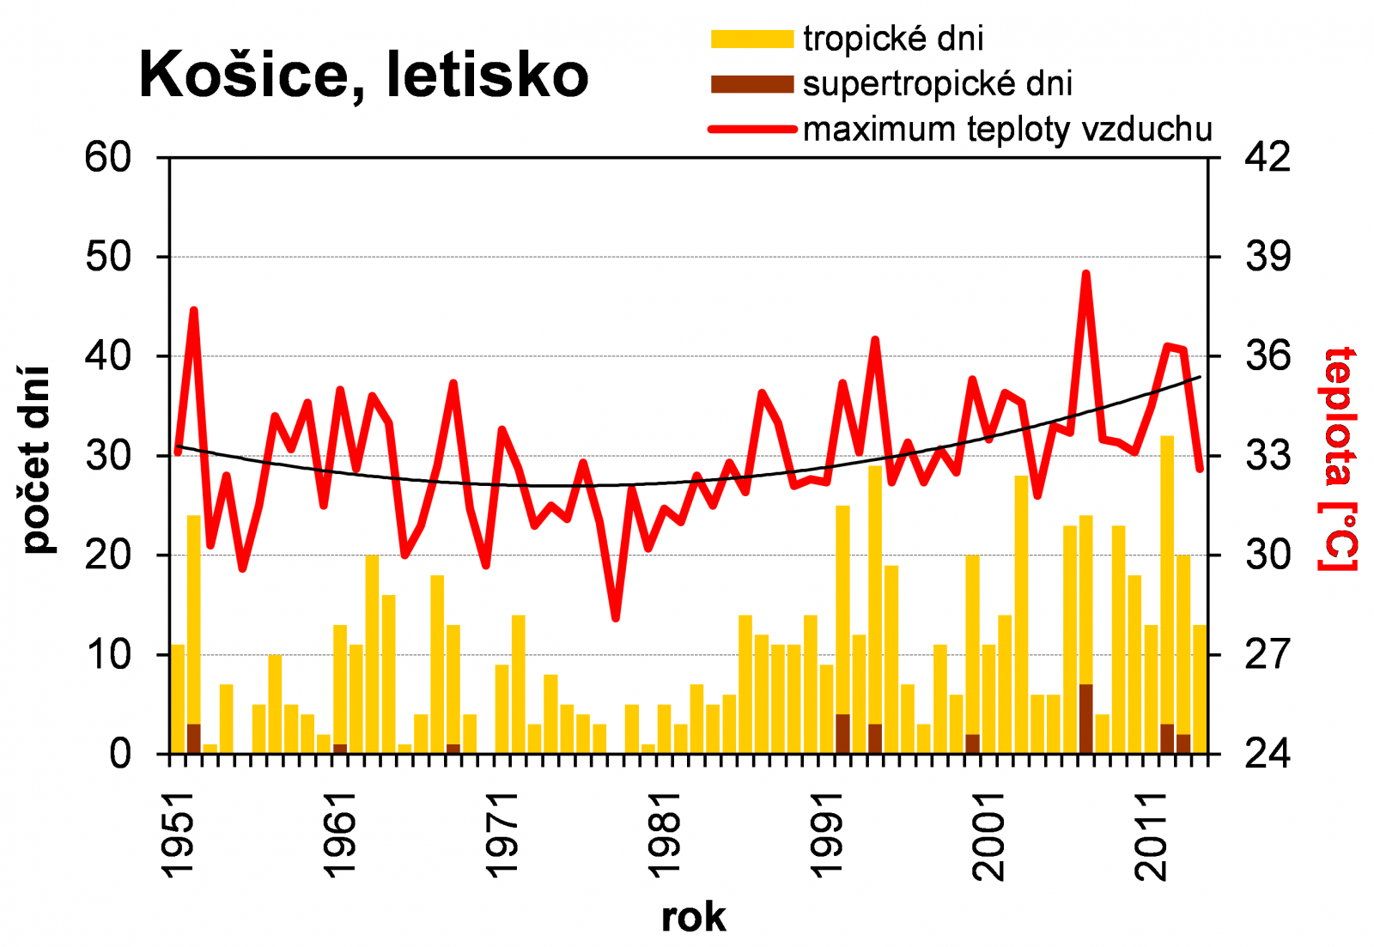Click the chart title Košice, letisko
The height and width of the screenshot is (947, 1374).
pos(363,76)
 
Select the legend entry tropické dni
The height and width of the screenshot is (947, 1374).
pos(893,39)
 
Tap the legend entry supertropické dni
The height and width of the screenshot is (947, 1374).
pos(938,84)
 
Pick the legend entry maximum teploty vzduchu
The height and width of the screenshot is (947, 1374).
pos(1007,130)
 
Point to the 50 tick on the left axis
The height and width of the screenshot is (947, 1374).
pos(108,257)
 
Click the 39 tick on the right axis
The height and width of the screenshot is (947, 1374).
pos(1268,257)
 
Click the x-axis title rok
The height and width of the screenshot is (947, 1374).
pos(693,917)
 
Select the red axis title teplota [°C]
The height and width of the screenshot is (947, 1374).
pos(1339,459)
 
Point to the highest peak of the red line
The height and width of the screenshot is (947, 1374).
pos(1085,274)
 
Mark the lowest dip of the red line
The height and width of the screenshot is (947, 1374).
pos(616,617)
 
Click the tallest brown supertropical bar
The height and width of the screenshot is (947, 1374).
pos(1085,719)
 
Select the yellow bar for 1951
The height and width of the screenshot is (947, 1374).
pos(178,699)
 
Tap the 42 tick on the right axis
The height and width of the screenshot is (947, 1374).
pos(1268,157)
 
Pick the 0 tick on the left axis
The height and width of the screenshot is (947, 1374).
pos(120,754)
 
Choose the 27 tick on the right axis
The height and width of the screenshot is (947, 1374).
pos(1268,654)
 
